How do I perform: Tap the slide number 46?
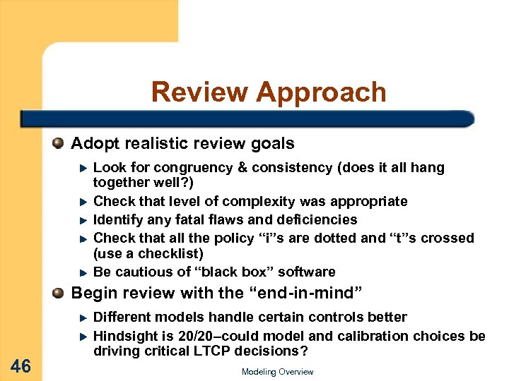(21, 365)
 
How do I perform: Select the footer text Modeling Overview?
(277, 372)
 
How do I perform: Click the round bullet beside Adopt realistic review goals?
(59, 144)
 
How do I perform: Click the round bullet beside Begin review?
(59, 293)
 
